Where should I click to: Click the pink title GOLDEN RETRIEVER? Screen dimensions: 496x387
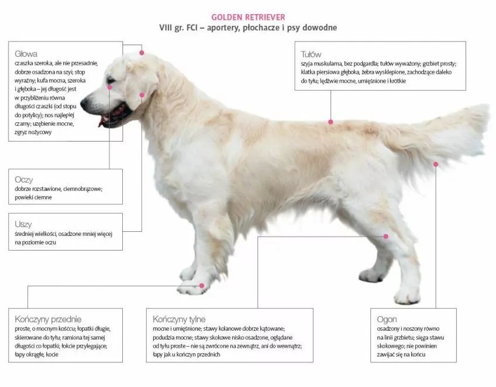[248, 17]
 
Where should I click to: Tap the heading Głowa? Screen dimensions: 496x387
[26, 54]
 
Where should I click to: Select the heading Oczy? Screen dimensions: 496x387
[24, 180]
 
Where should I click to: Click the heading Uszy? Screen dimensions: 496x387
[23, 224]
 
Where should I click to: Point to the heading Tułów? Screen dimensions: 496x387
[311, 54]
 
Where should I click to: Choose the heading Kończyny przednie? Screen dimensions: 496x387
[48, 319]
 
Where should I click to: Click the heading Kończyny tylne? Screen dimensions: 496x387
[179, 319]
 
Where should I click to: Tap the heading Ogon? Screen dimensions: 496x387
[387, 320]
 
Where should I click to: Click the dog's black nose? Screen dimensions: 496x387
[84, 102]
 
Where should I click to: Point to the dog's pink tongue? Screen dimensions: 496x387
[101, 122]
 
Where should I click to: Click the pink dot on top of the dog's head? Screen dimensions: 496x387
[142, 53]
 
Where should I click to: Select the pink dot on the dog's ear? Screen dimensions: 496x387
[142, 95]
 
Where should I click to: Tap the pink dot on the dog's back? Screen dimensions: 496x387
[330, 122]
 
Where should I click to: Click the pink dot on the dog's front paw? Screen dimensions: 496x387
[202, 286]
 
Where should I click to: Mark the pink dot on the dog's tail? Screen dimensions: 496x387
[436, 164]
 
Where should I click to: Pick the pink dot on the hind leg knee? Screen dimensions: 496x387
[386, 237]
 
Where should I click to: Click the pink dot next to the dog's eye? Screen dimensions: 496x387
[110, 87]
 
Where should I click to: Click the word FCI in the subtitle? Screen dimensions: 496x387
[192, 28]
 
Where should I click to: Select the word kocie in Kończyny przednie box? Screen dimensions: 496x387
[52, 354]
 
